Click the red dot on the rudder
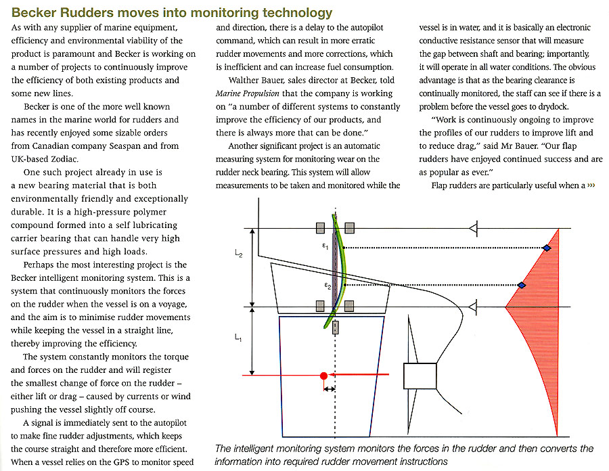(323, 375)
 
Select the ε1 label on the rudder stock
(325, 247)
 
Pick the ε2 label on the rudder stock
(325, 286)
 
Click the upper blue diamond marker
(547, 248)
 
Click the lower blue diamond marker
(522, 285)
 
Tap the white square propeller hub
(420, 378)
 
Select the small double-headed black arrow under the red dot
(330, 389)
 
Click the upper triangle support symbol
(474, 229)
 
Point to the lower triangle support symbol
(474, 308)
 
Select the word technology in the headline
(296, 12)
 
